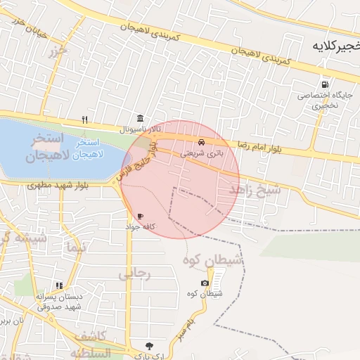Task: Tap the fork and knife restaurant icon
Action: [x=85, y=119]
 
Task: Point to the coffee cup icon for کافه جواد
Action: [x=140, y=216]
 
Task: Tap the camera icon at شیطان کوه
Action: [x=205, y=283]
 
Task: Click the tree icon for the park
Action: [x=149, y=345]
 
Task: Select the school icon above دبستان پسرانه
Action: [x=59, y=285]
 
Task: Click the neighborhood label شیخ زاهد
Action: [x=255, y=189]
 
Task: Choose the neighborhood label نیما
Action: [x=73, y=247]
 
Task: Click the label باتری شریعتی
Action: [x=201, y=151]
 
